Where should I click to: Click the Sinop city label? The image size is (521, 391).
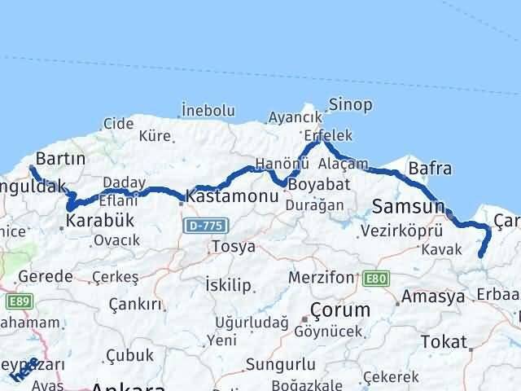tap(350, 104)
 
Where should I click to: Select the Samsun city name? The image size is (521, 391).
tap(408, 205)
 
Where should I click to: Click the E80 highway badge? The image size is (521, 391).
tap(377, 279)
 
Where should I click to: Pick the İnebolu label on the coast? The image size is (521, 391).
tap(208, 110)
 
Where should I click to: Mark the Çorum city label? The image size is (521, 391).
tap(337, 310)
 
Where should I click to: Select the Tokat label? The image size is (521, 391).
tap(445, 341)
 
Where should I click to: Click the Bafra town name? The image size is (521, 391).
tap(430, 169)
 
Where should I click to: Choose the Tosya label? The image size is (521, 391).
tap(233, 246)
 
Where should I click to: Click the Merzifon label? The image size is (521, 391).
tap(324, 278)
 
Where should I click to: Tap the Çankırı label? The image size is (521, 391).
tap(134, 304)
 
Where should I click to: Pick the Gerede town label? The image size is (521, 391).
tap(45, 276)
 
